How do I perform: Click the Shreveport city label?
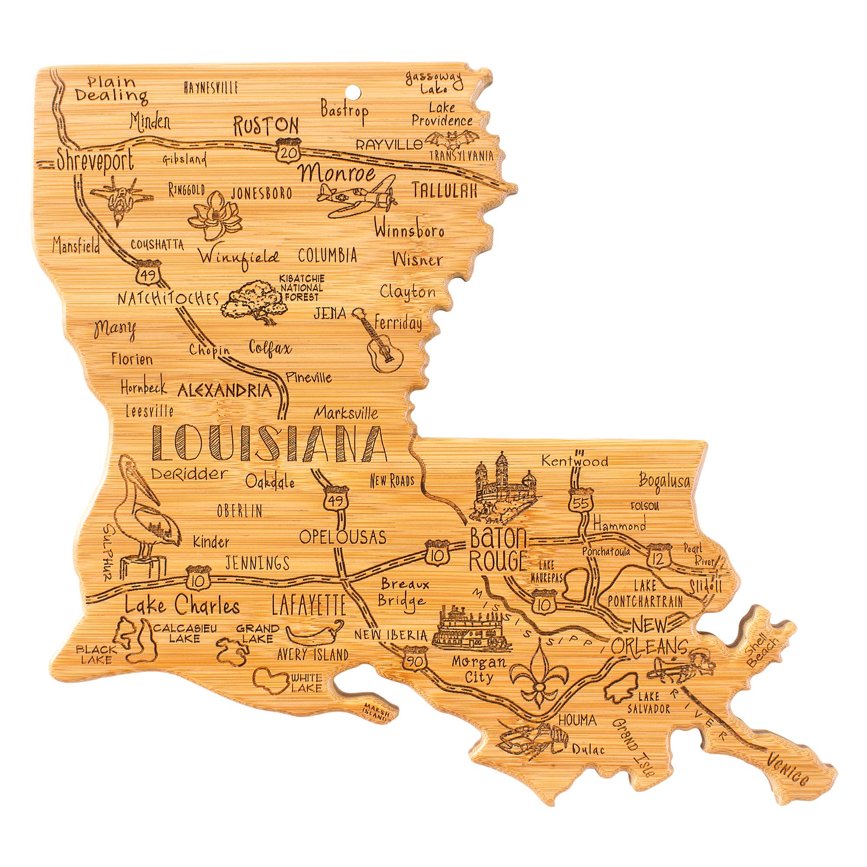pos(95,160)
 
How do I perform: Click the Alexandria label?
pos(225,391)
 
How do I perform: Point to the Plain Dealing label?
pos(111,88)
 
